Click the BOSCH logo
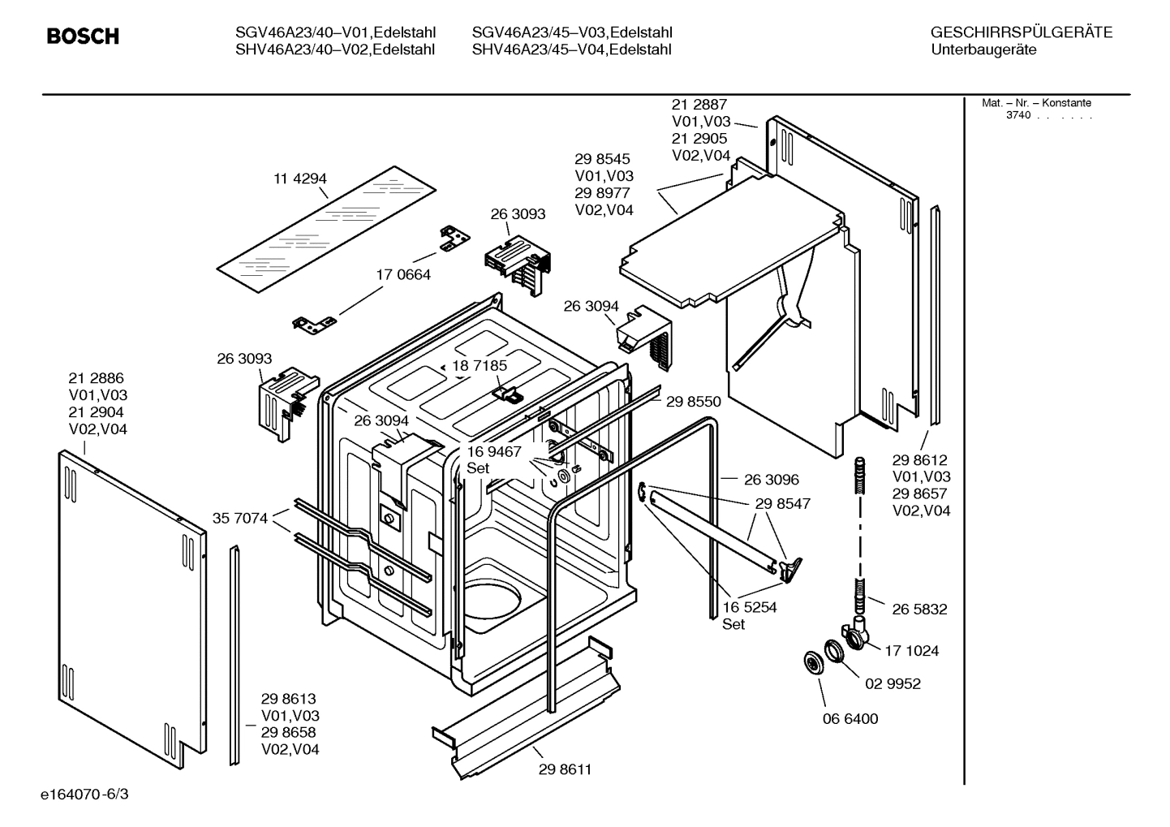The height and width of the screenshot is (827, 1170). click(x=83, y=37)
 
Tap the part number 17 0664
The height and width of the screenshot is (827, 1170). click(x=403, y=275)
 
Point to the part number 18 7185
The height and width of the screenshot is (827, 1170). click(x=480, y=366)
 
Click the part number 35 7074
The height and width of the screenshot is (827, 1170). click(x=240, y=518)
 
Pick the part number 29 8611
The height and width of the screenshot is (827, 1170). click(x=565, y=769)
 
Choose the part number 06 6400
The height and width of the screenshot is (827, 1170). click(x=850, y=718)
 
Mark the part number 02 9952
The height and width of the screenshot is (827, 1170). click(x=893, y=684)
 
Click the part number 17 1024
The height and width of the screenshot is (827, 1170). click(x=912, y=651)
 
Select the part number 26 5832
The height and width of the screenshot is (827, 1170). click(x=919, y=609)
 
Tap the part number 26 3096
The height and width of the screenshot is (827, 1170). click(x=772, y=480)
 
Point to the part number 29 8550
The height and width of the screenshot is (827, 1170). click(x=694, y=401)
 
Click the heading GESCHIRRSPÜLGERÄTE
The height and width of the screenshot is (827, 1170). click(x=1022, y=33)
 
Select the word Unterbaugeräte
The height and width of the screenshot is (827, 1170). click(x=983, y=50)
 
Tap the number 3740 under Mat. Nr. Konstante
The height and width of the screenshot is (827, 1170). click(x=1018, y=115)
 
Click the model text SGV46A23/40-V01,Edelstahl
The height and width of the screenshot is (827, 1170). click(x=335, y=33)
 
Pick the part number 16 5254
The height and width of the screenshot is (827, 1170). click(x=750, y=607)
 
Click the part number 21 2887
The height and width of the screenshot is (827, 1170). click(x=699, y=105)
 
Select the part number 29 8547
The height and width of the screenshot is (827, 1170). click(x=783, y=504)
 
